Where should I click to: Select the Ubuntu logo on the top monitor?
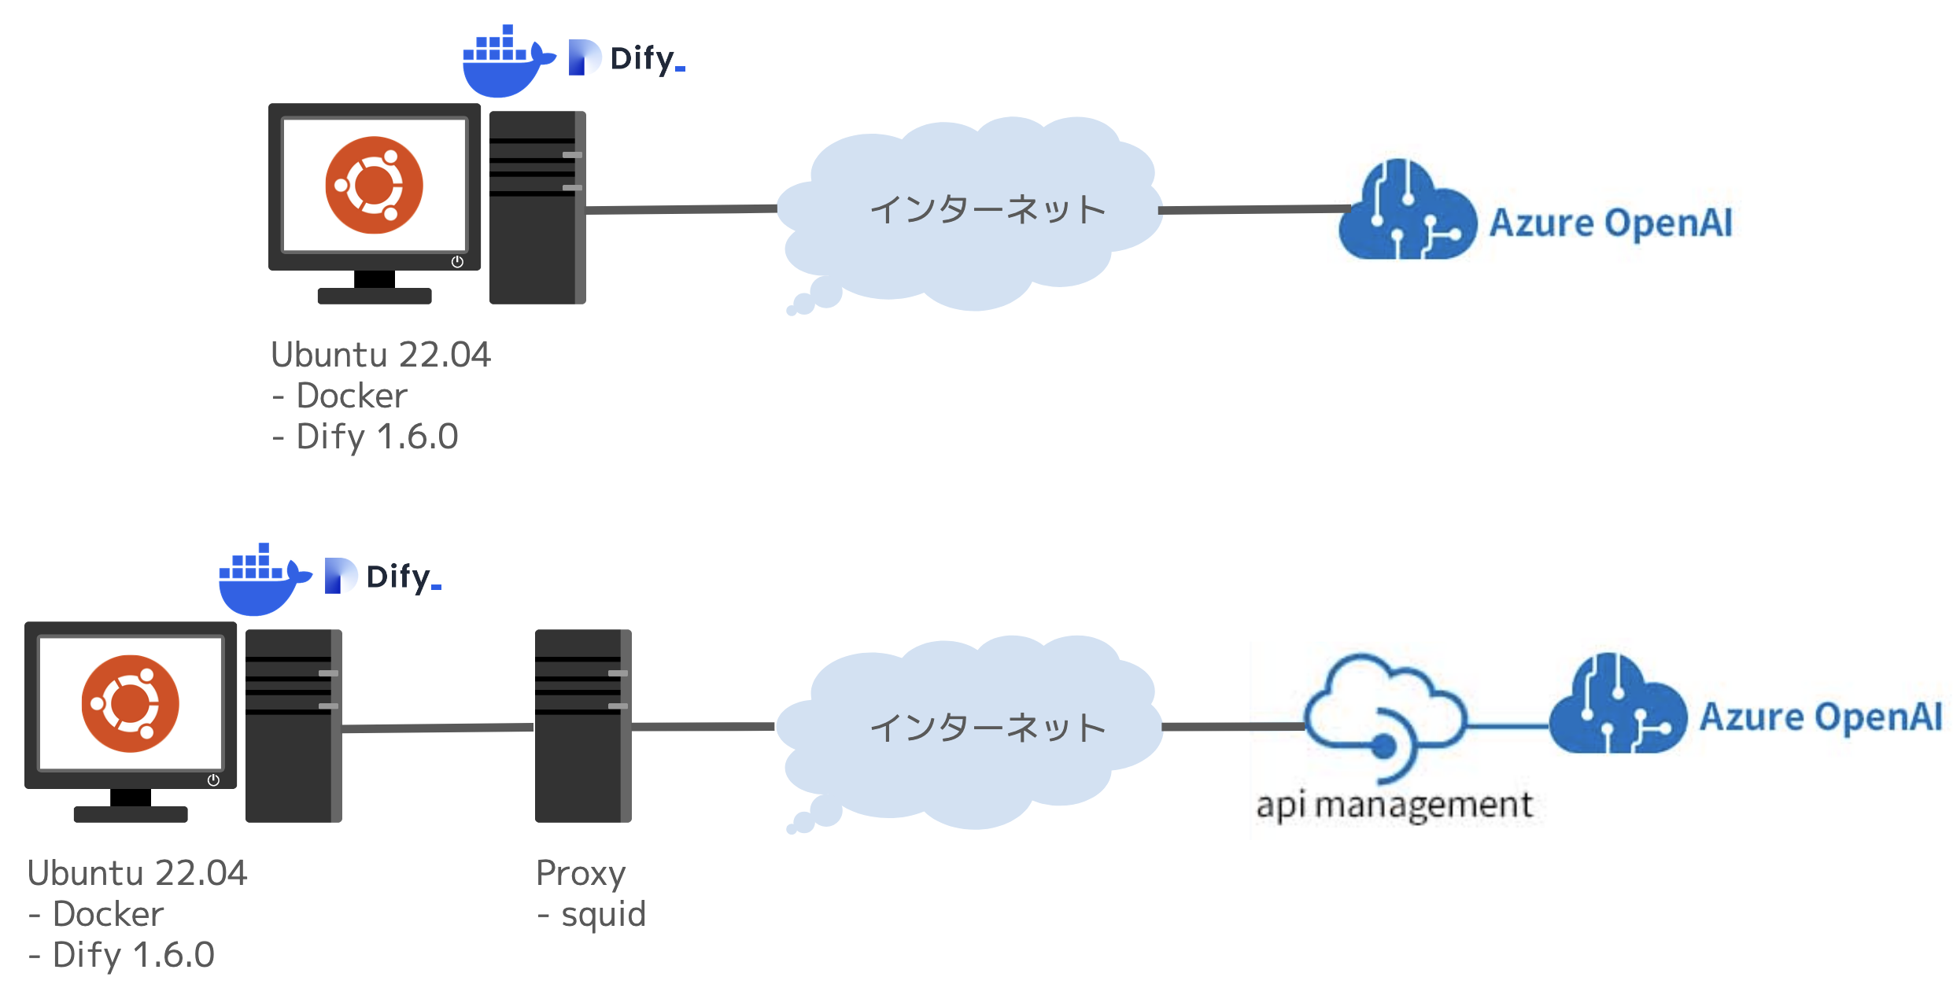[375, 186]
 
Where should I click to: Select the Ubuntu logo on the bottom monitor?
[131, 704]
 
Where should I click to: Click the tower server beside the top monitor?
[537, 208]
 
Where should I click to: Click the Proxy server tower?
[583, 726]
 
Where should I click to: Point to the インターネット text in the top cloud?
[988, 210]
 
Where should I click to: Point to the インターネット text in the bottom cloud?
[988, 728]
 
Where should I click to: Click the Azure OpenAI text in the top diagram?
[1611, 223]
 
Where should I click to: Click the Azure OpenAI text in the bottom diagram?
[1821, 717]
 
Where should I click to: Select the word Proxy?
[581, 874]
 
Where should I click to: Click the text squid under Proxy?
[603, 915]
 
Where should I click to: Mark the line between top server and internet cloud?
[681, 209]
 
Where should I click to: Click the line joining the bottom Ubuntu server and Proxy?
[438, 728]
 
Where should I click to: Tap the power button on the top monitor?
[457, 262]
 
